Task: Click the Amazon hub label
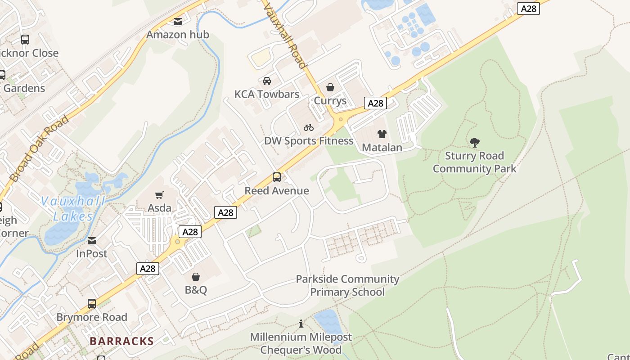[178, 35]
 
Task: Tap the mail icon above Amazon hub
[178, 21]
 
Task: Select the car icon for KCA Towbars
[267, 81]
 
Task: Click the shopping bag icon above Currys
[330, 87]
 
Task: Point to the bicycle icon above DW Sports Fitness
[309, 127]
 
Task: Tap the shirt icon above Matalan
[382, 134]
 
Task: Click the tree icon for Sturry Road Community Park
[474, 143]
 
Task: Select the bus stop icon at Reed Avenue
[277, 177]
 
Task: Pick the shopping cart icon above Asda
[159, 195]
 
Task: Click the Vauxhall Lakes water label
[73, 209]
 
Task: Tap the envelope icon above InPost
[92, 241]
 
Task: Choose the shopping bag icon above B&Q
[196, 277]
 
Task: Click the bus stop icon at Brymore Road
[92, 304]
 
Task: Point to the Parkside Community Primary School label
[347, 285]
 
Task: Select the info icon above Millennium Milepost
[301, 324]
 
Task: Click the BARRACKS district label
[121, 341]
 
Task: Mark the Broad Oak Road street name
[40, 148]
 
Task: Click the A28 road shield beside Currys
[375, 103]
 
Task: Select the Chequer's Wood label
[301, 350]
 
